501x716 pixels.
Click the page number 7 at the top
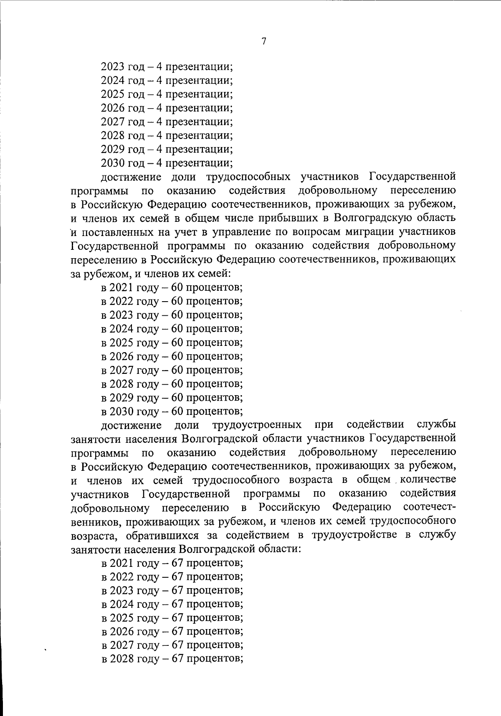point(263,41)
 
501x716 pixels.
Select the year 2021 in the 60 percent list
point(121,287)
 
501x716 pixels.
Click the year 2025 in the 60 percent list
point(121,343)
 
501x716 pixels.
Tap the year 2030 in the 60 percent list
point(121,411)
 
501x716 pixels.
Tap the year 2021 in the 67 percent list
point(121,563)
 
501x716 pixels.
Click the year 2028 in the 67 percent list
point(121,659)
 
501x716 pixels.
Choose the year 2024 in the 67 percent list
point(121,604)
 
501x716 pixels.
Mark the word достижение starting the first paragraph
point(131,177)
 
